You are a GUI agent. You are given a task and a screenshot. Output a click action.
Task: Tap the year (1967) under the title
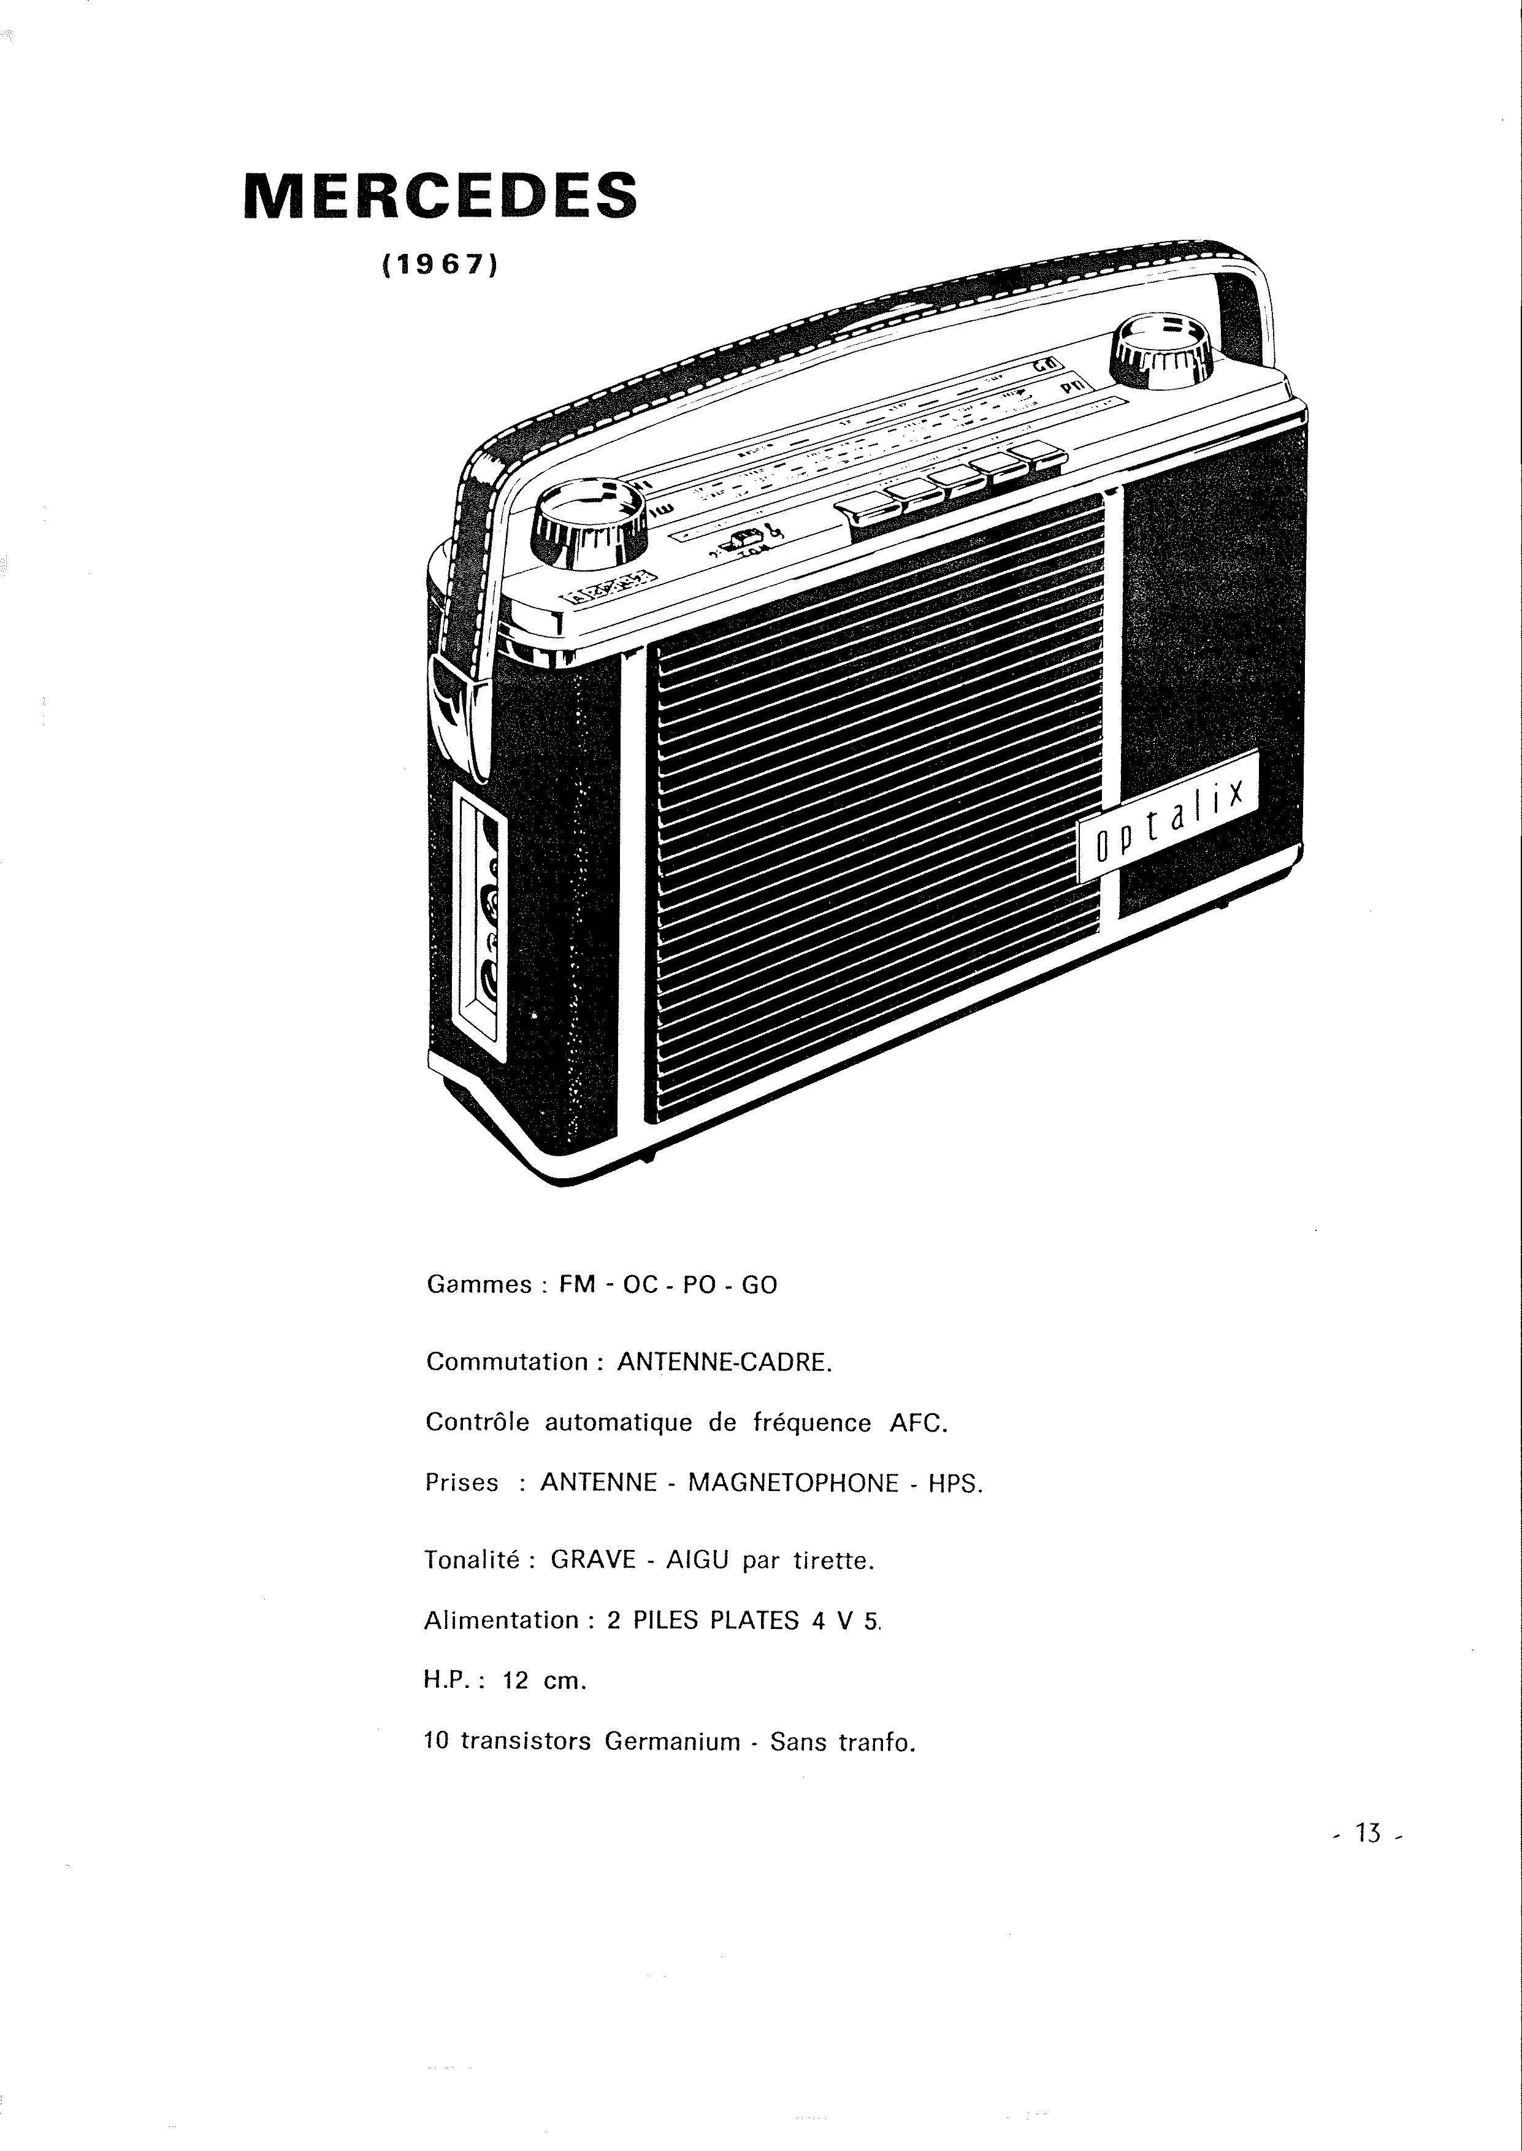438,265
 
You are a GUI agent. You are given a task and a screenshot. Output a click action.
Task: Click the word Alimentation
502,1620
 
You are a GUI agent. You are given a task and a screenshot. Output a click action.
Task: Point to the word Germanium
672,1741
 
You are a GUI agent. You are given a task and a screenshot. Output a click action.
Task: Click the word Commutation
507,1362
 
